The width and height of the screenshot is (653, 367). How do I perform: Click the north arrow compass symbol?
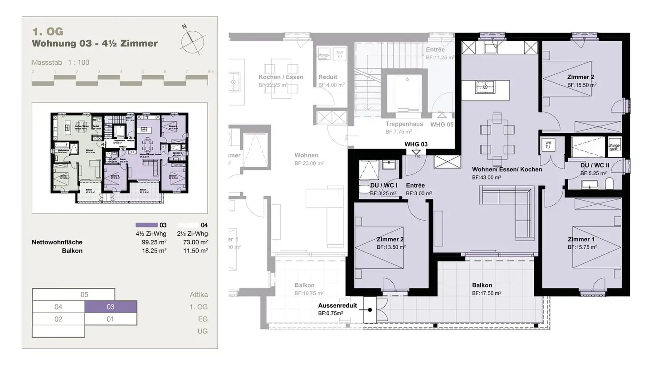pyautogui.click(x=194, y=39)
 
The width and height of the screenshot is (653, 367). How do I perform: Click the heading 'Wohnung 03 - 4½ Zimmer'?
pyautogui.click(x=95, y=44)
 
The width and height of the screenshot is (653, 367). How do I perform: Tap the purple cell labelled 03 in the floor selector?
pyautogui.click(x=110, y=307)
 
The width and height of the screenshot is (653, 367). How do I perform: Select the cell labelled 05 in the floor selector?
pyautogui.click(x=84, y=295)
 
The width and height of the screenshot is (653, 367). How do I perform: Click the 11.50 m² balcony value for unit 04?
pyautogui.click(x=198, y=251)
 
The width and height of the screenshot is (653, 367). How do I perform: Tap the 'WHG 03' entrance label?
pyautogui.click(x=416, y=144)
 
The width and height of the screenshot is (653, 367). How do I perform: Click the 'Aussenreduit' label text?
pyautogui.click(x=337, y=306)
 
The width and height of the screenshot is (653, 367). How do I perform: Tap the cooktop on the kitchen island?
pyautogui.click(x=486, y=87)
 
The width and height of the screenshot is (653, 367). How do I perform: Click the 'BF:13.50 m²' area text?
pyautogui.click(x=391, y=247)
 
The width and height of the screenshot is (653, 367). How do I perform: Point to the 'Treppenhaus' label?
pyautogui.click(x=404, y=124)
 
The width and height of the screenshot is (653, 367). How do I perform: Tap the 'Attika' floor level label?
pyautogui.click(x=199, y=295)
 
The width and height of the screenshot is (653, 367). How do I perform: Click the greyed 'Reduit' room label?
pyautogui.click(x=327, y=77)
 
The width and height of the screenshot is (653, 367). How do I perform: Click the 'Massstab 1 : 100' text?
pyautogui.click(x=60, y=63)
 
